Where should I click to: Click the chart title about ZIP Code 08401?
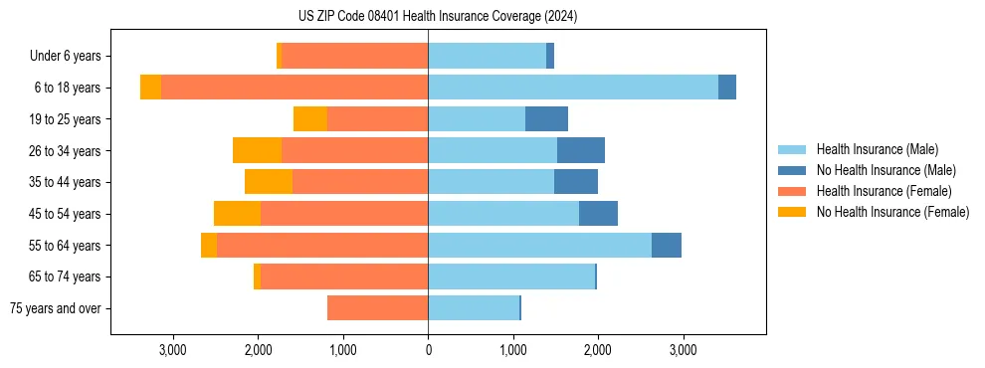[x=437, y=16]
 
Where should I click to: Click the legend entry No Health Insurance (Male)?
[x=884, y=170]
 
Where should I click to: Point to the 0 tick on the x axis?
[x=428, y=351]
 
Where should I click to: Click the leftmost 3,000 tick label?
[x=173, y=351]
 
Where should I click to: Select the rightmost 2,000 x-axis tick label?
[x=598, y=351]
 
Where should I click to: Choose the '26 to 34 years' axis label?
[x=68, y=151]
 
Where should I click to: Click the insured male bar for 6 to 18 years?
[x=573, y=88]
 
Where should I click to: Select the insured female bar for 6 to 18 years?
[x=295, y=88]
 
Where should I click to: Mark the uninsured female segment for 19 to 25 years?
[x=310, y=119]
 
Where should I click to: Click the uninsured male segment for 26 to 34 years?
[x=581, y=150]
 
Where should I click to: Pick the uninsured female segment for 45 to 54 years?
[x=237, y=214]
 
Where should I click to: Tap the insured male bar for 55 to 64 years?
[x=539, y=245]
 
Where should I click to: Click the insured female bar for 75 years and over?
[x=377, y=308]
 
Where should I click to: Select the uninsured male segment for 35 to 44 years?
[x=576, y=182]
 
